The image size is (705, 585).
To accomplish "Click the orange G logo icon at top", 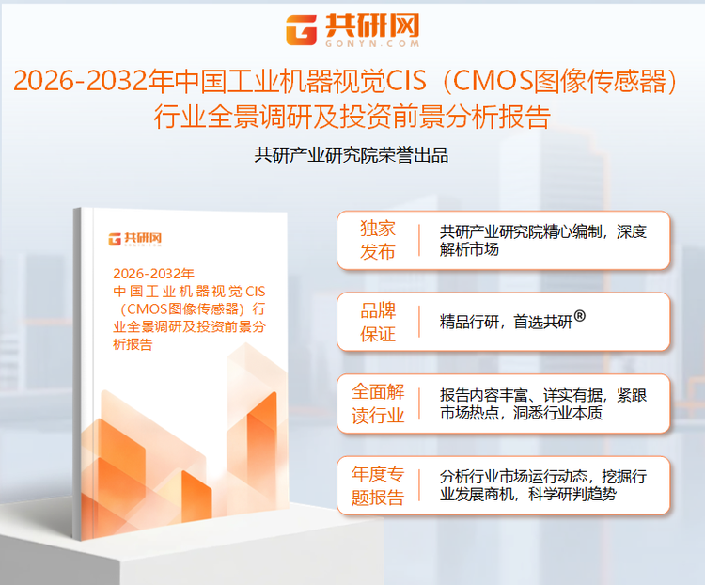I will pos(303,30).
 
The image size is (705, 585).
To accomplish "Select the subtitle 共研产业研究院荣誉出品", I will pos(352,155).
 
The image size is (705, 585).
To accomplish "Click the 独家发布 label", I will pos(378,241).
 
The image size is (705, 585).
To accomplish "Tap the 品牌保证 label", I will pos(378,322).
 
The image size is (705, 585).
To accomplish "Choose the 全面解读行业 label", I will pos(378,403).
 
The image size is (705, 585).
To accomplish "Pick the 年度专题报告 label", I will pos(378,484).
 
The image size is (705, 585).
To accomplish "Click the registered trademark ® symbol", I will pos(579,316).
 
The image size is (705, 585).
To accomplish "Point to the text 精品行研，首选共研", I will pos(505,322).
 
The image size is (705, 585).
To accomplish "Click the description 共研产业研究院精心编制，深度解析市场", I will pos(542,241).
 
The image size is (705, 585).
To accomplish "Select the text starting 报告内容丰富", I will pos(542,403).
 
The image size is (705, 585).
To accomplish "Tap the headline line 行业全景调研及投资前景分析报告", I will pos(352,117).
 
